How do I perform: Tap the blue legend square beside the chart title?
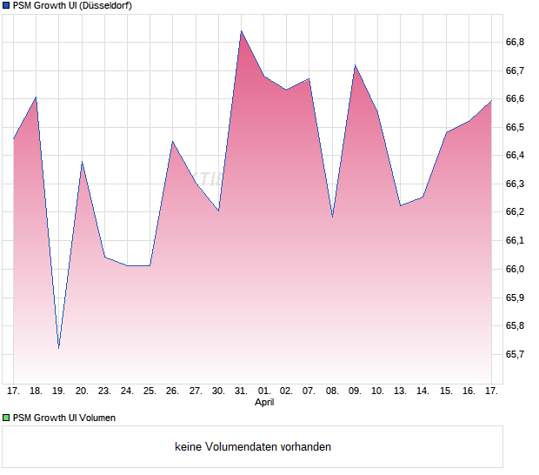click(6, 6)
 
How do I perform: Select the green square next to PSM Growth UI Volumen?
click(6, 418)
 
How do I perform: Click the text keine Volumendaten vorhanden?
click(253, 447)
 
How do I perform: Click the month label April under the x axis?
click(264, 403)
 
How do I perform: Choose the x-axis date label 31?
click(242, 391)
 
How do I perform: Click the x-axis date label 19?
click(59, 391)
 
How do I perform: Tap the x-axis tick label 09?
click(355, 391)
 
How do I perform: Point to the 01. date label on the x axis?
click(264, 391)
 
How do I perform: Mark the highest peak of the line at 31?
click(241, 31)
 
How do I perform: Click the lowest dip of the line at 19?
click(59, 348)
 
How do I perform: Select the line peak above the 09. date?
click(355, 65)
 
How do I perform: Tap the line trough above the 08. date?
click(332, 217)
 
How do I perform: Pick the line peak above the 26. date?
click(173, 141)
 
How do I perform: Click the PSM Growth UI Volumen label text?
click(64, 418)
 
